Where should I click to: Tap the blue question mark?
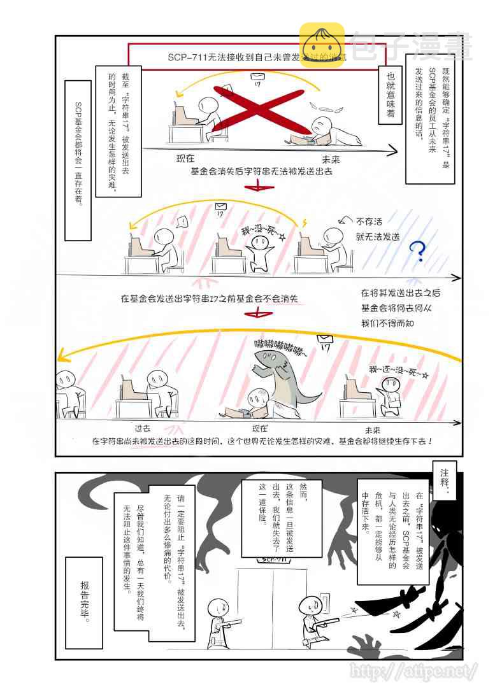417,251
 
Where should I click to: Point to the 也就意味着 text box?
391,92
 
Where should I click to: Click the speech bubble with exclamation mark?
181,222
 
